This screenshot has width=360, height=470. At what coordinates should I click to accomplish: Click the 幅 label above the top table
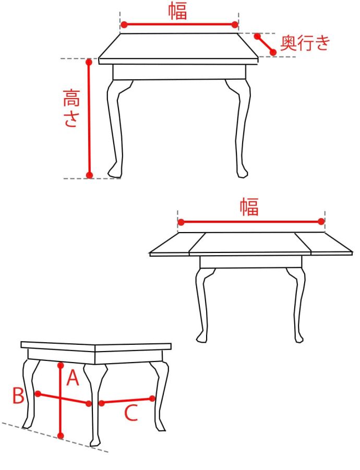177,11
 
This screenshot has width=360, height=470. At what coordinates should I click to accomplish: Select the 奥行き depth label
305,43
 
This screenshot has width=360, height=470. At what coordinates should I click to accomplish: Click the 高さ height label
71,108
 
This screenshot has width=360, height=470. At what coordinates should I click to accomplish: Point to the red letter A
73,378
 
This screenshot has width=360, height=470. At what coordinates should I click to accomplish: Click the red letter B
18,395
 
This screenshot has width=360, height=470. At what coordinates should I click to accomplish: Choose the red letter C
131,413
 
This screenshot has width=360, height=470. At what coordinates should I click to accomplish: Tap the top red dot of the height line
89,62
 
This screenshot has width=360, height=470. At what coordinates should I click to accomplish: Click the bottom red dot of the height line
89,175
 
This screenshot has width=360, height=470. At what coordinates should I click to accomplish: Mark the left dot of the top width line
124,25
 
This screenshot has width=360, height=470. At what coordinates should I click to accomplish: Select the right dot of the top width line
235,25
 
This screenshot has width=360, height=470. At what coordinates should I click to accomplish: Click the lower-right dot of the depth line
273,52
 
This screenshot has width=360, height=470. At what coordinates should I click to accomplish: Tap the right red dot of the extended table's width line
321,222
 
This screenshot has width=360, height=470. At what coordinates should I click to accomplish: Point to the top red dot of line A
61,365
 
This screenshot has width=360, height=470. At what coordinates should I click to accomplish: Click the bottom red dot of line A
61,436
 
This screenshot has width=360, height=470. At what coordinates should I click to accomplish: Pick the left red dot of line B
38,394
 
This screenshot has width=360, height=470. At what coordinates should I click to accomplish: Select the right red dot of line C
152,399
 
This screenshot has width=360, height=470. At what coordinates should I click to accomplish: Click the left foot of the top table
115,171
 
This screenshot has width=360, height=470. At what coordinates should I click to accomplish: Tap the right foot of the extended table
299,338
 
